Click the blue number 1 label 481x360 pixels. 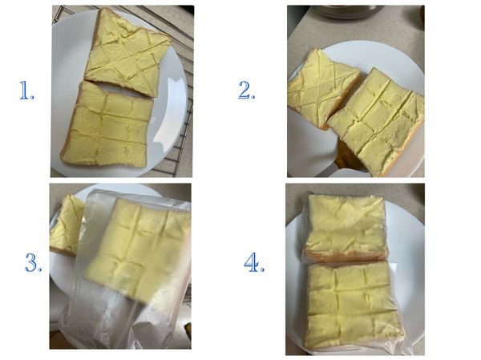click(x=27, y=92)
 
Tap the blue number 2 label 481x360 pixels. click(x=246, y=91)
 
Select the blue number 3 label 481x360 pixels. click(x=33, y=263)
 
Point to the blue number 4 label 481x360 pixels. click(x=253, y=263)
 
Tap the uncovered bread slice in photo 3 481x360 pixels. click(x=66, y=224)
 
